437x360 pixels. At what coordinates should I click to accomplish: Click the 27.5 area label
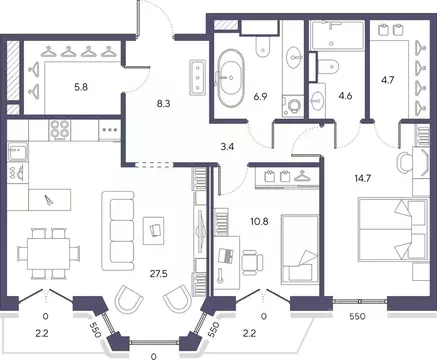click(159, 274)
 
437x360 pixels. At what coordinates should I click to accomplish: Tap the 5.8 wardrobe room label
click(81, 88)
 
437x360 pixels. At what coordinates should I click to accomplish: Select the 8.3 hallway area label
click(163, 104)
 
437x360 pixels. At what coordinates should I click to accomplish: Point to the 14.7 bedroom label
click(363, 179)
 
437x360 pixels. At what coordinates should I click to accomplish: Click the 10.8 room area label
click(260, 221)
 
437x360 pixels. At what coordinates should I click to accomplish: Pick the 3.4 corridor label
click(227, 147)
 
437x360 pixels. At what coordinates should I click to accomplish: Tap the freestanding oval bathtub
click(230, 78)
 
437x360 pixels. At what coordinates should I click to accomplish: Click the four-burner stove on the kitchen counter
click(60, 130)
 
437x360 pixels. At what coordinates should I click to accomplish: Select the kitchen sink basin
click(17, 154)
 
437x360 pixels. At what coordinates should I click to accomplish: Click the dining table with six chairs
click(49, 254)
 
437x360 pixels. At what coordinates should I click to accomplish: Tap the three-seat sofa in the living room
click(118, 231)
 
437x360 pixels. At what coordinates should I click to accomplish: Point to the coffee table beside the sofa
click(153, 231)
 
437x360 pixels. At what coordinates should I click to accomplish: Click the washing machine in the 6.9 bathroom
click(293, 106)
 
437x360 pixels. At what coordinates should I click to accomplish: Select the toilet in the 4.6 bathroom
click(327, 66)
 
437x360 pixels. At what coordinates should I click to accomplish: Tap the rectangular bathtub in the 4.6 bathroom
click(337, 36)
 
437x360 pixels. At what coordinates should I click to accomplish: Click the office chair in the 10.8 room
click(252, 262)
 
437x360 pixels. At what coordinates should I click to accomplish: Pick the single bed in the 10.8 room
click(300, 250)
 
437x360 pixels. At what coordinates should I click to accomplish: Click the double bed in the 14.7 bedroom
click(393, 229)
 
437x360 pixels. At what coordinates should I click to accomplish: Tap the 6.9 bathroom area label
click(260, 97)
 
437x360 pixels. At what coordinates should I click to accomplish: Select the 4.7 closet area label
click(387, 80)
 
